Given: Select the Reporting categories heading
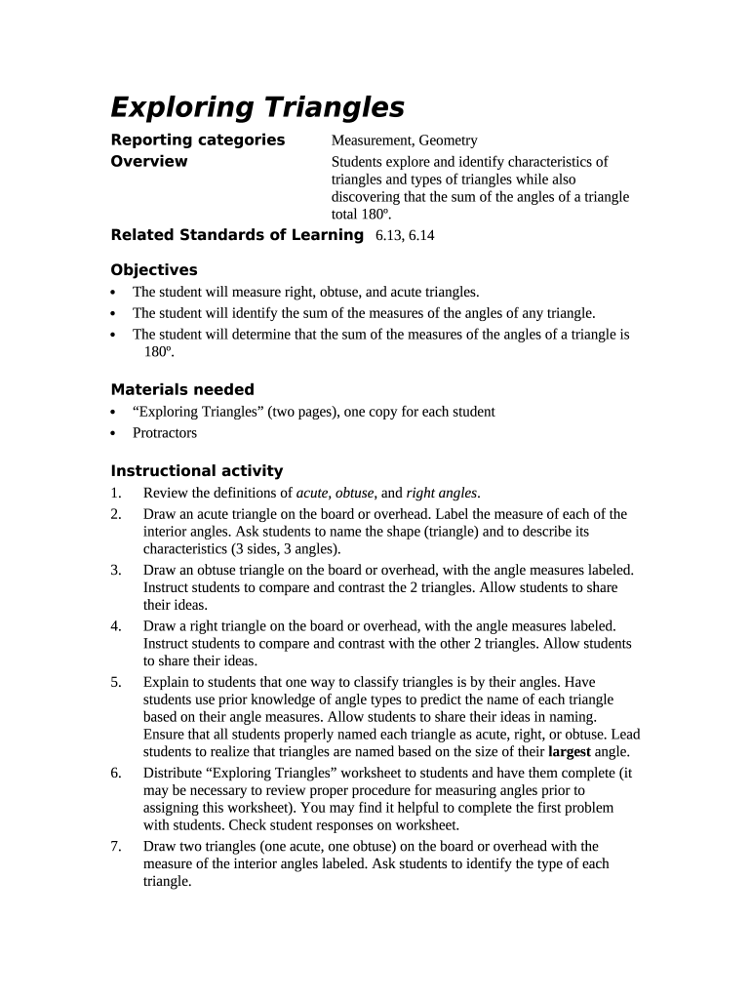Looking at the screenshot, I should [198, 140].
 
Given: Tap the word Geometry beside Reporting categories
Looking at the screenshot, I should [449, 140].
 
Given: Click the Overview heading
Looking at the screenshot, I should [149, 161].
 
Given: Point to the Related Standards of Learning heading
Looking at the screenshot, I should [237, 234].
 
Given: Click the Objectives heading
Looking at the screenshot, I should [154, 269].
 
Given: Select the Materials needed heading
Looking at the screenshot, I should [182, 389].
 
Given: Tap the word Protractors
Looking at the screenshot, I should [165, 432].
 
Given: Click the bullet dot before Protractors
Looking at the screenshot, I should [115, 433].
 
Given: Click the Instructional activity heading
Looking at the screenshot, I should [197, 470].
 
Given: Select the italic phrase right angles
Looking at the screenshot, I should [442, 493].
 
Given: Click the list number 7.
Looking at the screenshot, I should [116, 846].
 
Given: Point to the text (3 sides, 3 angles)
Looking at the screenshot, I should [269, 549].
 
